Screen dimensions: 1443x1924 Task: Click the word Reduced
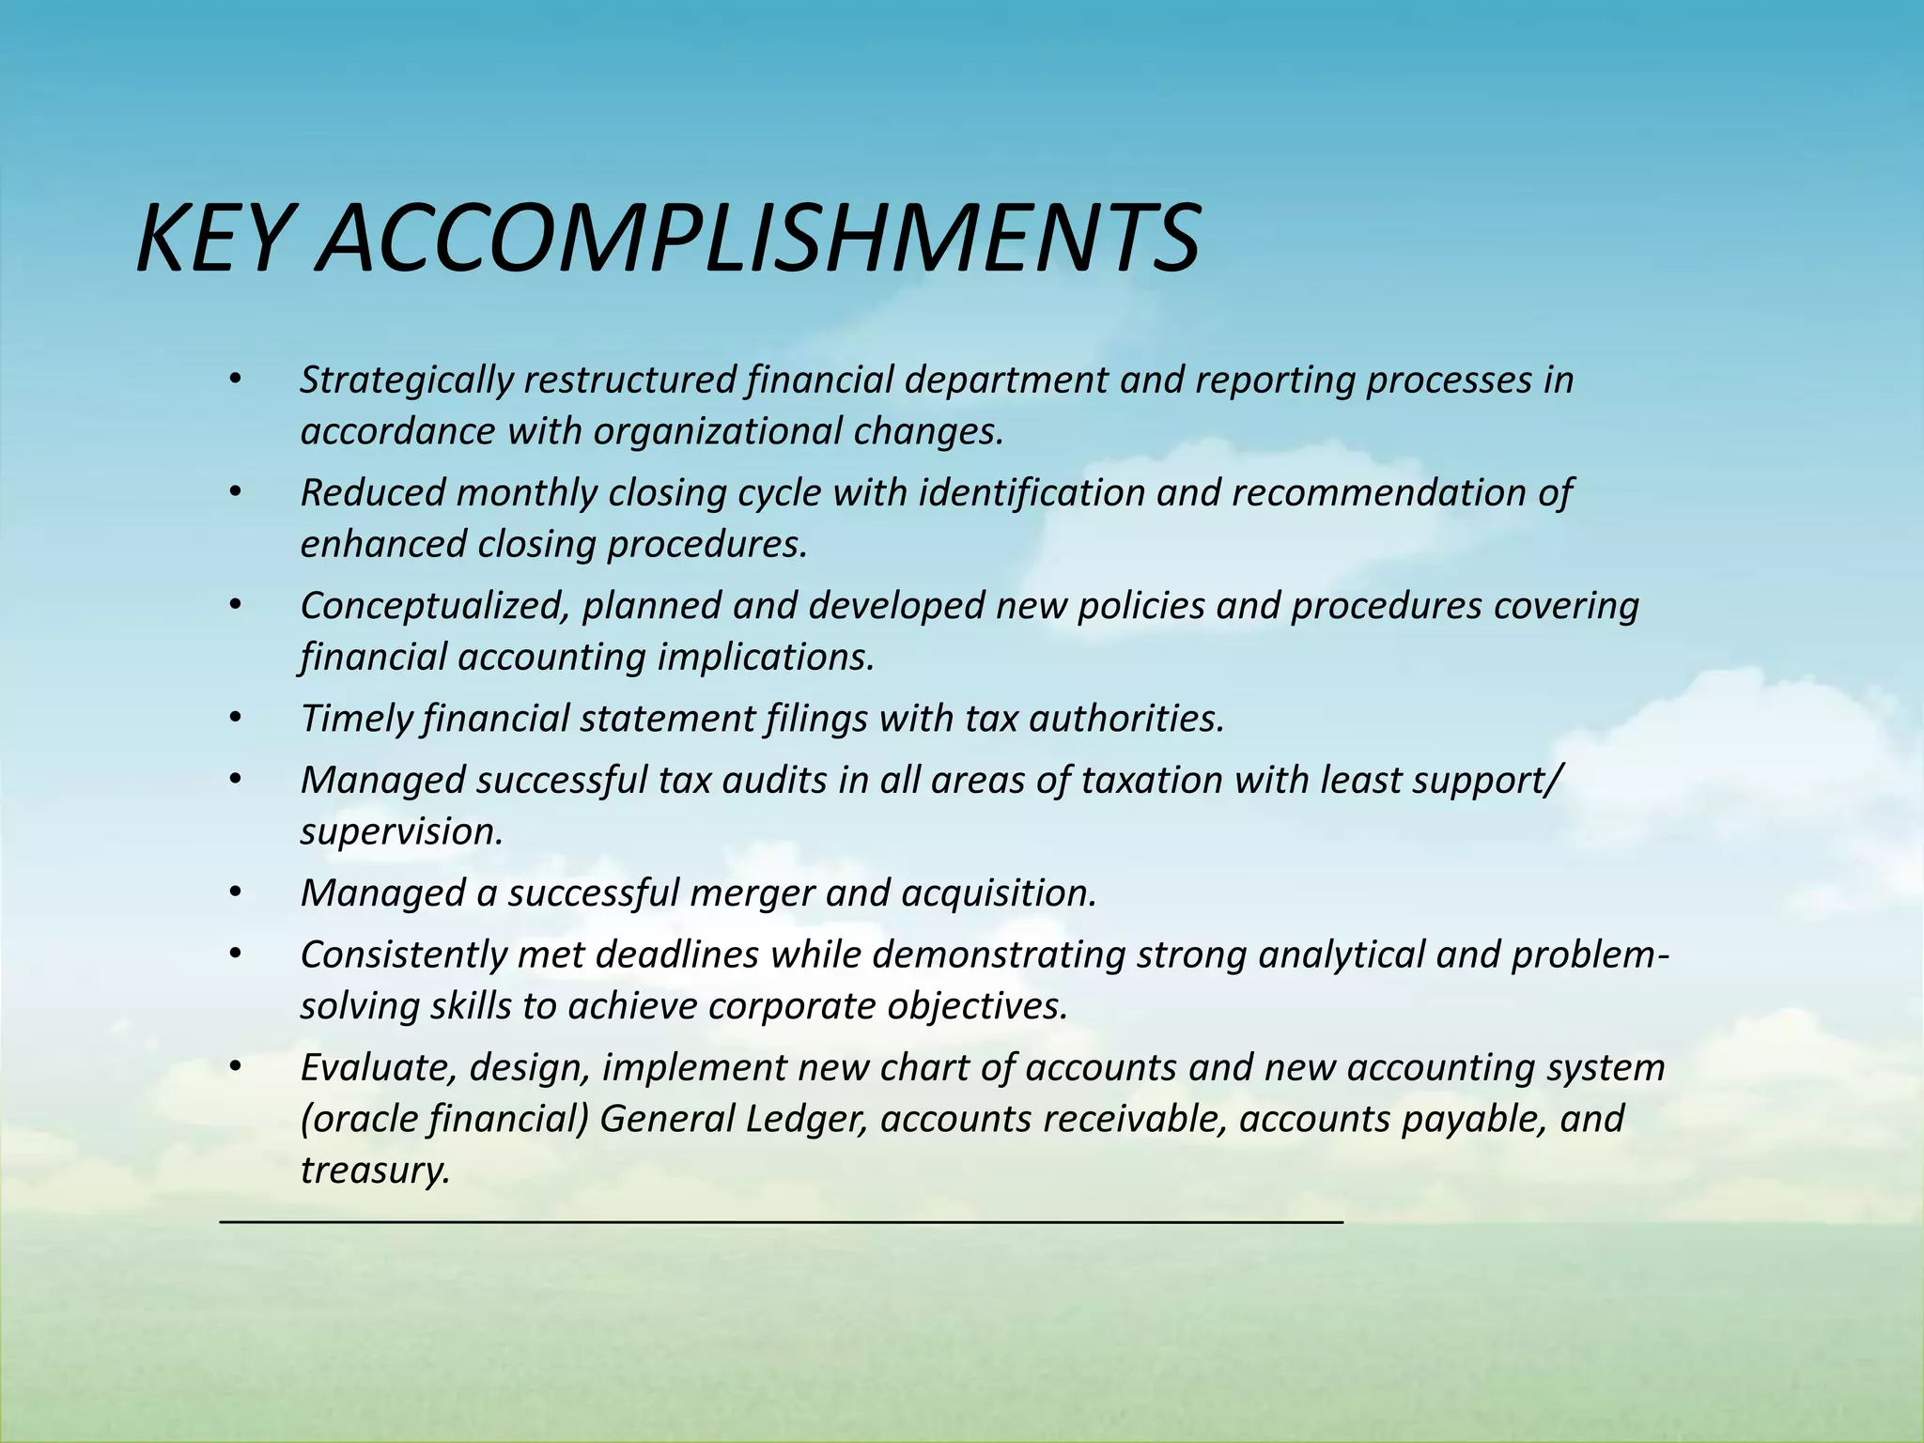372,492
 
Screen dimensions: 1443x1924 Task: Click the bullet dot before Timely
235,719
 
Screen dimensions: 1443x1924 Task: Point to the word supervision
401,831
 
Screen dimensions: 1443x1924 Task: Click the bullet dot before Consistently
235,954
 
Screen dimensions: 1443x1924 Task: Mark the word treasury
375,1171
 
